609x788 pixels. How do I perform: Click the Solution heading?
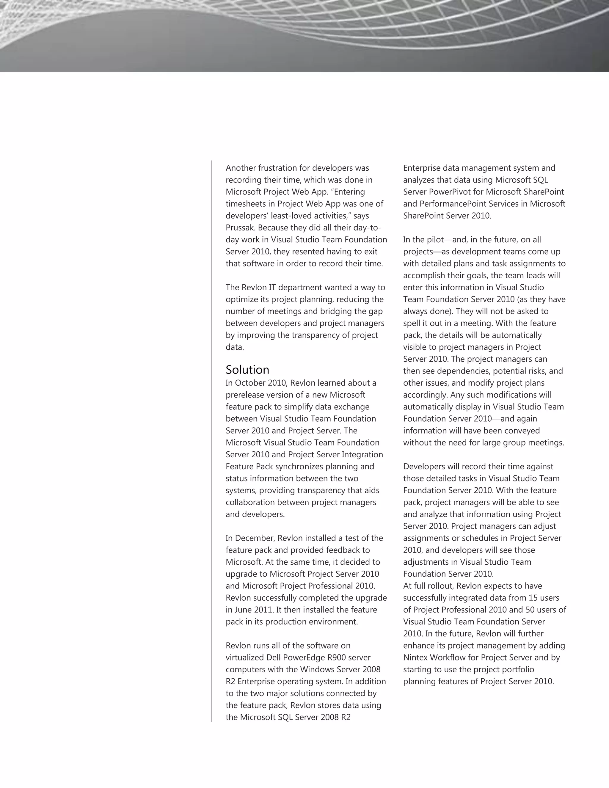click(x=247, y=370)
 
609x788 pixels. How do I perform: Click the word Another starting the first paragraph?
click(x=241, y=168)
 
